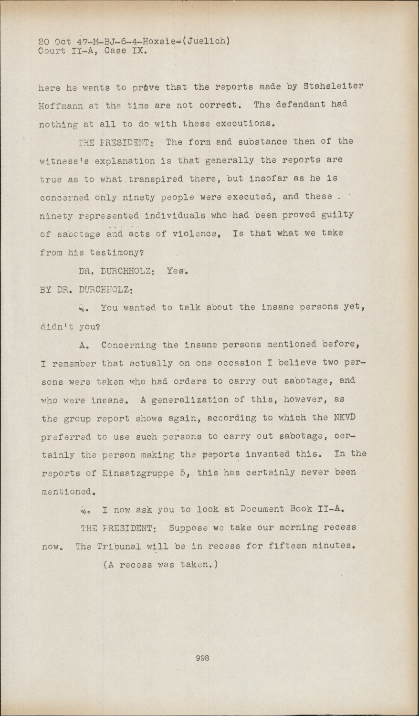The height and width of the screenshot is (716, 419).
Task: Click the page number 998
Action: coord(203,658)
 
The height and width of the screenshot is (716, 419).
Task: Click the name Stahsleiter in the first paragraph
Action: coord(334,86)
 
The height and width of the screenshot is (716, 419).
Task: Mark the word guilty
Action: coord(337,215)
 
